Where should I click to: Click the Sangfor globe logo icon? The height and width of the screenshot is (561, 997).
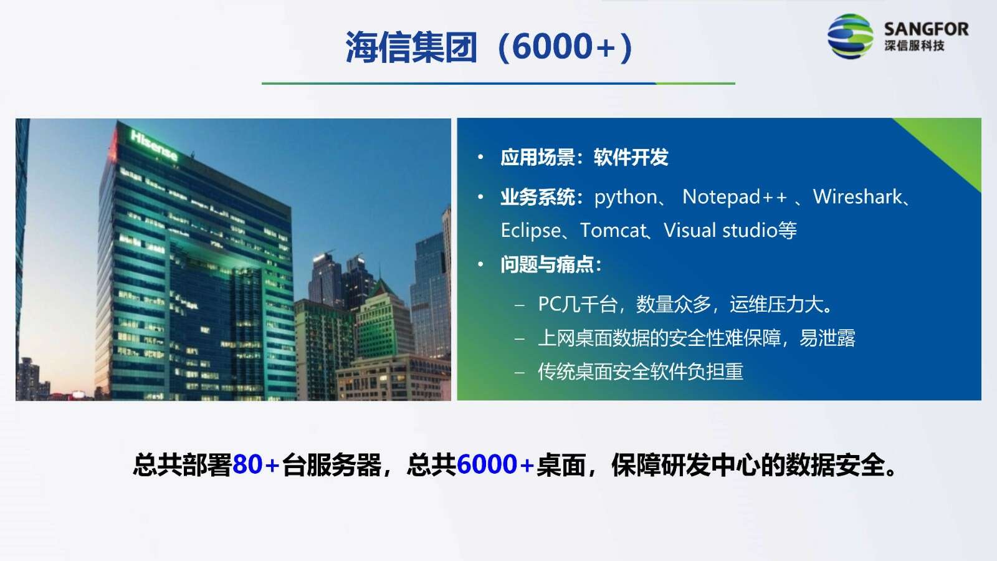click(x=850, y=36)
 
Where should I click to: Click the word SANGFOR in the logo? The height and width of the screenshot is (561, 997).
click(x=926, y=29)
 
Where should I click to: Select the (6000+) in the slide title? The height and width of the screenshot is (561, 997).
click(x=565, y=47)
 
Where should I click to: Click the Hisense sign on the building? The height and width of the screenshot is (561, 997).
click(x=153, y=145)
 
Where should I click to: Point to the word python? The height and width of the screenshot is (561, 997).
click(x=626, y=197)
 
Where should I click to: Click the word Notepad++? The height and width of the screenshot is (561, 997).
click(x=735, y=197)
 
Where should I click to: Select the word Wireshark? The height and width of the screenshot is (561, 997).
click(x=857, y=196)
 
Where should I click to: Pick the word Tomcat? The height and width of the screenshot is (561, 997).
click(x=613, y=230)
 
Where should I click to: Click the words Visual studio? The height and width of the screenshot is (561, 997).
click(x=720, y=230)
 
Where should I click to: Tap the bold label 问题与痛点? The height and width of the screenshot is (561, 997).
click(x=547, y=264)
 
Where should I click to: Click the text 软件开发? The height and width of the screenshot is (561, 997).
click(x=631, y=157)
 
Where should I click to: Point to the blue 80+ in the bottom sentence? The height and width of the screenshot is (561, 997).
click(x=256, y=465)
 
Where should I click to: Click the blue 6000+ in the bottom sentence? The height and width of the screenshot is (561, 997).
click(x=495, y=465)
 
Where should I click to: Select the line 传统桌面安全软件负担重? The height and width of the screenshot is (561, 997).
click(x=640, y=372)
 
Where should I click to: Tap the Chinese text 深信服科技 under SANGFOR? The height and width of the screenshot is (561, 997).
click(x=914, y=46)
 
